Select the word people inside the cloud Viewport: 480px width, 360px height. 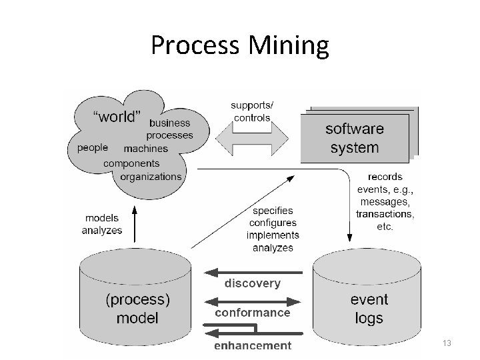93,148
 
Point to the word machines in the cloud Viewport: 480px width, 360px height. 146,149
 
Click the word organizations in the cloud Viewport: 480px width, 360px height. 151,177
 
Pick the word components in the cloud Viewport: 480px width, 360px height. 131,163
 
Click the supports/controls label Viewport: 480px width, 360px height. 252,111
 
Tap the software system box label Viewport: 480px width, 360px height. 354,137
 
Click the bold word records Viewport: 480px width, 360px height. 385,177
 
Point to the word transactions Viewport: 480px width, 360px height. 385,214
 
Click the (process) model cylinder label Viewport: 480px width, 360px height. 137,309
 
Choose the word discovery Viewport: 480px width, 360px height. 253,283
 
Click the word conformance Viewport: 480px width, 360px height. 252,312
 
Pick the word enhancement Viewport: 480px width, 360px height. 253,345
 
